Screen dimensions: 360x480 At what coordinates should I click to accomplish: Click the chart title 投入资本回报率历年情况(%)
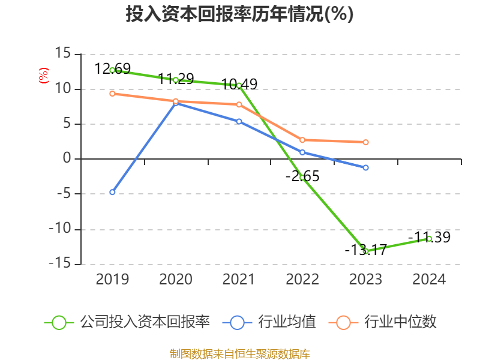(x=239, y=14)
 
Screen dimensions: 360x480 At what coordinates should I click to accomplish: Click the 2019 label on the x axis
(x=112, y=279)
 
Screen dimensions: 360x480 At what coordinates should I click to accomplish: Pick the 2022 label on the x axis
(x=302, y=279)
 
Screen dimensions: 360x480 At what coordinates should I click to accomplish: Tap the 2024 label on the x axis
(x=430, y=279)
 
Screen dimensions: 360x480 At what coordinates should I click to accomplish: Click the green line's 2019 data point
(x=112, y=70)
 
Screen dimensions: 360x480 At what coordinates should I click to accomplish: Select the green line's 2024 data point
(x=430, y=239)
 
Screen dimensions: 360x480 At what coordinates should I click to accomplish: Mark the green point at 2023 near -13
(x=365, y=251)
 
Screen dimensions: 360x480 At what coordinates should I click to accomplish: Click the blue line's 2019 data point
(x=112, y=192)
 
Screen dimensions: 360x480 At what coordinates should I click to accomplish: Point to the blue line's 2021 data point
(x=239, y=121)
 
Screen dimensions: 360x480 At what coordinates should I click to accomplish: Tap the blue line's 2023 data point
(x=366, y=167)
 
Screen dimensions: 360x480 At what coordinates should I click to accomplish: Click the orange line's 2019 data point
(x=112, y=94)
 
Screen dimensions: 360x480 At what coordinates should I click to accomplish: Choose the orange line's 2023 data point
(x=366, y=142)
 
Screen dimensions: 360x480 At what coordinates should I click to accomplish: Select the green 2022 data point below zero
(x=302, y=178)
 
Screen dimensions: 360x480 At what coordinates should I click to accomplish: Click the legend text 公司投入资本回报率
(x=145, y=322)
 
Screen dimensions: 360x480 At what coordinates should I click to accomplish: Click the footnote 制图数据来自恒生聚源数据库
(x=239, y=353)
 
